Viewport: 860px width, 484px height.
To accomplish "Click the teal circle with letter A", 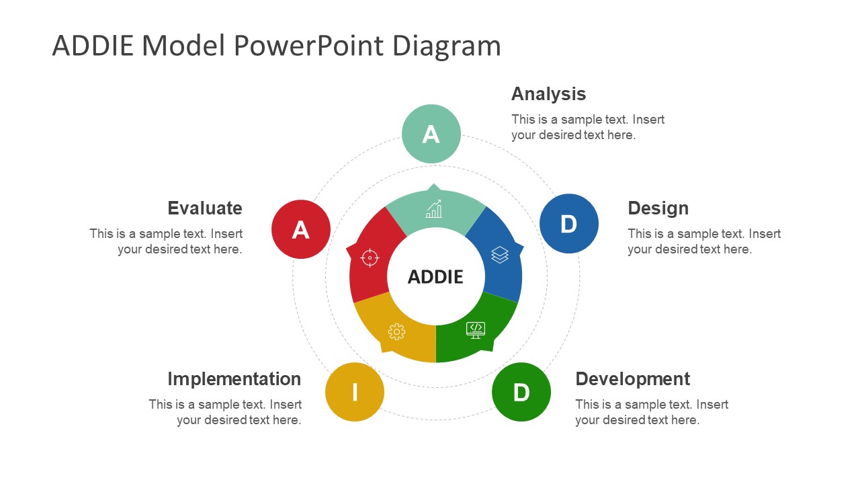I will [x=431, y=134].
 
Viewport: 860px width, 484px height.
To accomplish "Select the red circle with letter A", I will [x=301, y=229].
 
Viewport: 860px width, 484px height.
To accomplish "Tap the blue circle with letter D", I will [x=569, y=223].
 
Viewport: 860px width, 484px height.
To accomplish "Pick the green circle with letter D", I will [x=521, y=392].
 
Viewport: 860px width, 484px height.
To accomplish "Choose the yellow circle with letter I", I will [x=355, y=392].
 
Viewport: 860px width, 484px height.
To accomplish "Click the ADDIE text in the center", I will [x=435, y=276].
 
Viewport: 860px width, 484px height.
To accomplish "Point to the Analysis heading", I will [x=548, y=93].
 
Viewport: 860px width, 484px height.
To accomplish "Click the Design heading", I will [x=658, y=208].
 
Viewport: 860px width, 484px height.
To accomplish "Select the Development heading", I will [x=632, y=378].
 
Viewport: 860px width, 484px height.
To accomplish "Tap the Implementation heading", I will [x=234, y=378].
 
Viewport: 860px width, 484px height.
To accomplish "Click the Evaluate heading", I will [x=204, y=208].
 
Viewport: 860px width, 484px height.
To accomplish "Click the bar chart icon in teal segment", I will [x=434, y=209].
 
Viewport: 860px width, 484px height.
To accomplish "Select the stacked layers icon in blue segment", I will [x=500, y=254].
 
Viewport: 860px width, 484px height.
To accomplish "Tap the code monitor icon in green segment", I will [x=476, y=329].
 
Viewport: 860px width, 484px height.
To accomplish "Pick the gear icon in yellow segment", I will [x=396, y=331].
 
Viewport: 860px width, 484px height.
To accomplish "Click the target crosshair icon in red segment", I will [x=370, y=257].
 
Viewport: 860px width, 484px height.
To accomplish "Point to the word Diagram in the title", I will [x=446, y=46].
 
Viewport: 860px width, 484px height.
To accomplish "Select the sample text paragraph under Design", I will [x=703, y=241].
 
